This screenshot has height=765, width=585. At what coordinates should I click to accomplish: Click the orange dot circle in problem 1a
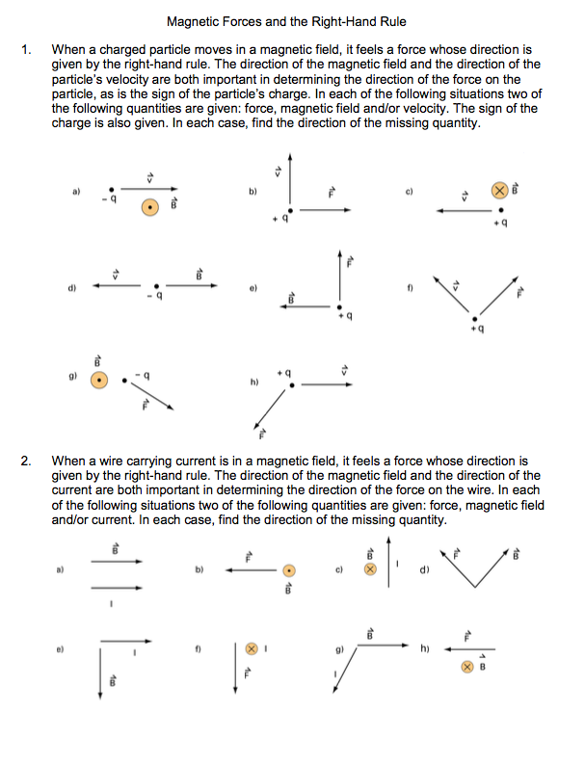149,207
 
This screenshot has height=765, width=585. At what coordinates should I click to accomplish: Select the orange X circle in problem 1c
499,191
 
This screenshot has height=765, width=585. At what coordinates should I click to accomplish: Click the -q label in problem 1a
112,199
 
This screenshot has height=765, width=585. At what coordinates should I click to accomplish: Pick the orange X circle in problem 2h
467,666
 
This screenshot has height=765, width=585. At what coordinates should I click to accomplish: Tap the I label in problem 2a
112,604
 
